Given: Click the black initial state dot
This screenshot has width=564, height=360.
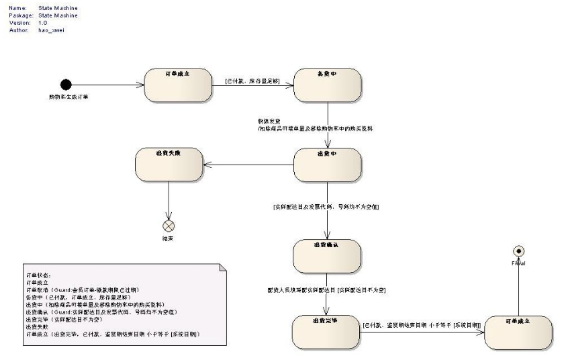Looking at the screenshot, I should click(x=65, y=85).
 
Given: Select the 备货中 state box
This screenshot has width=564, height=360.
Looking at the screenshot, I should click(x=327, y=85).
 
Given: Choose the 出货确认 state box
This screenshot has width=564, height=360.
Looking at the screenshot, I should click(x=327, y=255).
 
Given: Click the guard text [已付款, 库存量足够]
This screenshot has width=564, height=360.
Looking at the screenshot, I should click(x=251, y=81).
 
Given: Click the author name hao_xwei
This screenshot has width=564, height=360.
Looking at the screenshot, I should click(x=52, y=30).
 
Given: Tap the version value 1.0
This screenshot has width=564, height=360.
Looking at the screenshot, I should click(x=42, y=23).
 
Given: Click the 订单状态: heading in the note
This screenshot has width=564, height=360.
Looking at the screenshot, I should click(x=38, y=275).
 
